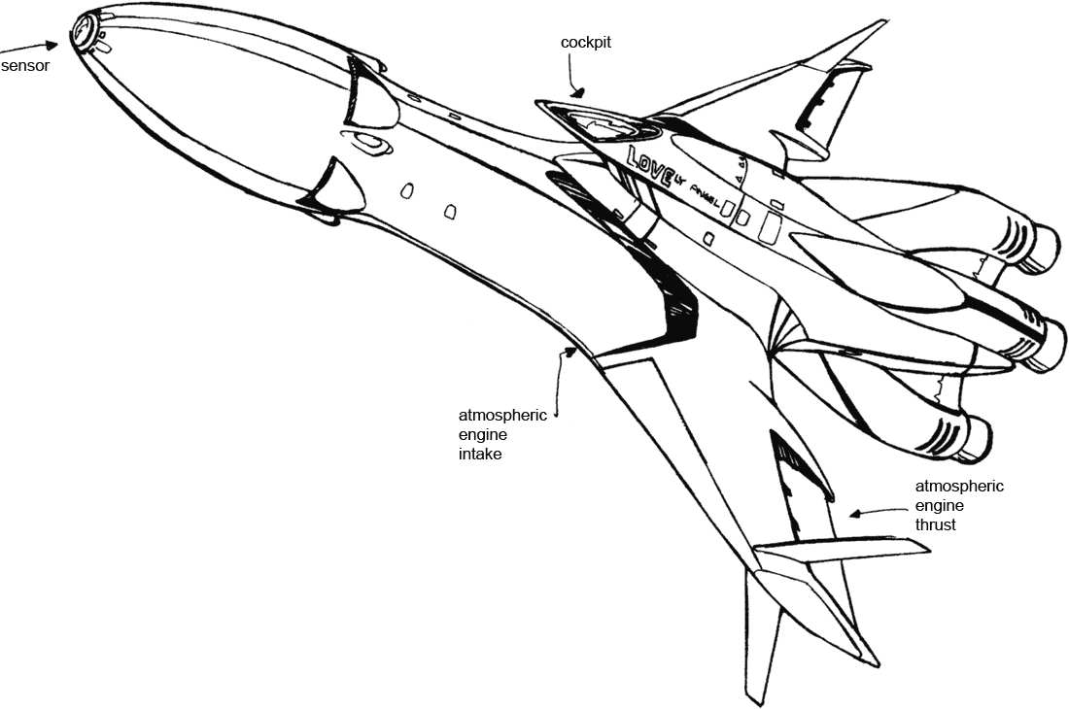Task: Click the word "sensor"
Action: pos(24,67)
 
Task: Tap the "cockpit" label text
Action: pos(586,44)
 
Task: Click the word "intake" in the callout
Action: pos(480,454)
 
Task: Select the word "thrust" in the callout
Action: pos(935,524)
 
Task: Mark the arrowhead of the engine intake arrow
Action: pos(574,352)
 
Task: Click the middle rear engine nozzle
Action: pos(1051,342)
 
